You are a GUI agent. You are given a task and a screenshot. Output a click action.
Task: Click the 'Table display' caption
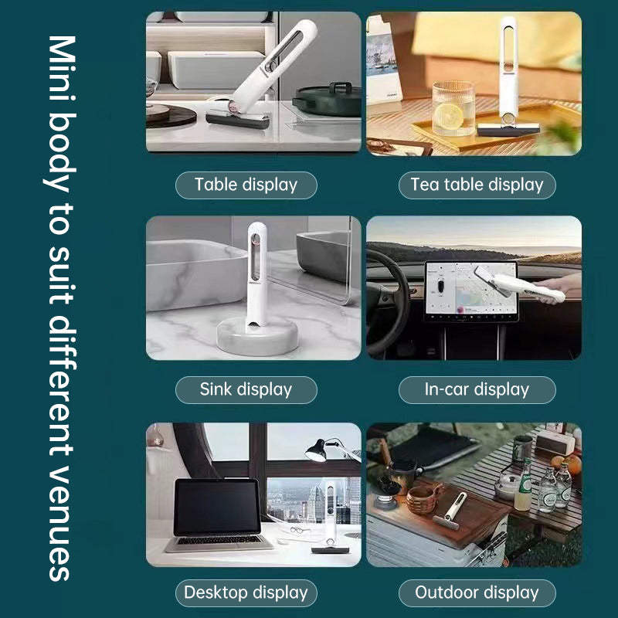click(x=246, y=185)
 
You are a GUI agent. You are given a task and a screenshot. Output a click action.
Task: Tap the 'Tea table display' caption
click(x=477, y=185)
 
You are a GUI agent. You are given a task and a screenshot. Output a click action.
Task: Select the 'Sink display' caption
click(x=246, y=389)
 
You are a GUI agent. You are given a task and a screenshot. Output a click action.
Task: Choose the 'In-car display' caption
click(x=477, y=389)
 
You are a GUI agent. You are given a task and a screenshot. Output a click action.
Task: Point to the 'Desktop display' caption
click(x=246, y=593)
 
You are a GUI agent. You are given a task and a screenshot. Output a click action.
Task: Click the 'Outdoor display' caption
click(x=477, y=593)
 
